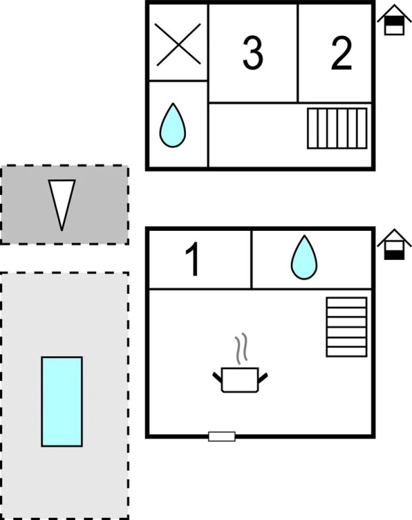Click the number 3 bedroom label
(252, 54)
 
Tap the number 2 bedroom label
(342, 54)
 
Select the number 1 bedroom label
(193, 260)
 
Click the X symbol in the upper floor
(178, 45)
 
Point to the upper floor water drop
(172, 126)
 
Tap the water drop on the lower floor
(304, 258)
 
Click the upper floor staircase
(337, 128)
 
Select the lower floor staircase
(346, 326)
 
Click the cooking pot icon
(240, 379)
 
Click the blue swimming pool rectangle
(62, 402)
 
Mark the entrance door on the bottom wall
(222, 436)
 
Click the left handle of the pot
(218, 375)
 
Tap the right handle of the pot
(262, 375)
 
